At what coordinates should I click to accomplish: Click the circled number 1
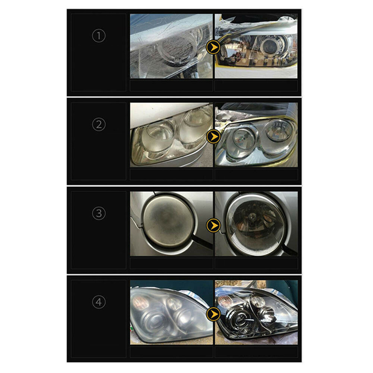[x=99, y=36]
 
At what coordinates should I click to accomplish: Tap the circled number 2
[x=99, y=125]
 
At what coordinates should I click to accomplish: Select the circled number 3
[x=99, y=213]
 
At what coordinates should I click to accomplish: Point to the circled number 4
[x=99, y=303]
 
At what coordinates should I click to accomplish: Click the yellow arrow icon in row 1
[x=213, y=47]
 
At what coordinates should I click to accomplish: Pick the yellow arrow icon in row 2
[x=213, y=136]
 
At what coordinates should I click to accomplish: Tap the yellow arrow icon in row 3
[x=213, y=225]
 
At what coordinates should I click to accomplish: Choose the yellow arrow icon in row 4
[x=213, y=314]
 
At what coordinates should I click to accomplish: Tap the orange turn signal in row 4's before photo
[x=139, y=303]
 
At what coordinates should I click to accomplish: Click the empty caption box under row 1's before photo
[x=171, y=86]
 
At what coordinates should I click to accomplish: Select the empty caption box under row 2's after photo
[x=256, y=174]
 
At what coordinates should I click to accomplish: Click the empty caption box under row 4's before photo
[x=171, y=352]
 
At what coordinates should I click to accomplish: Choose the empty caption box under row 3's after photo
[x=256, y=263]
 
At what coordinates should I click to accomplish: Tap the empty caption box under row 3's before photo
[x=171, y=263]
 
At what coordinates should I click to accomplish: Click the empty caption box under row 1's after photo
[x=256, y=86]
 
